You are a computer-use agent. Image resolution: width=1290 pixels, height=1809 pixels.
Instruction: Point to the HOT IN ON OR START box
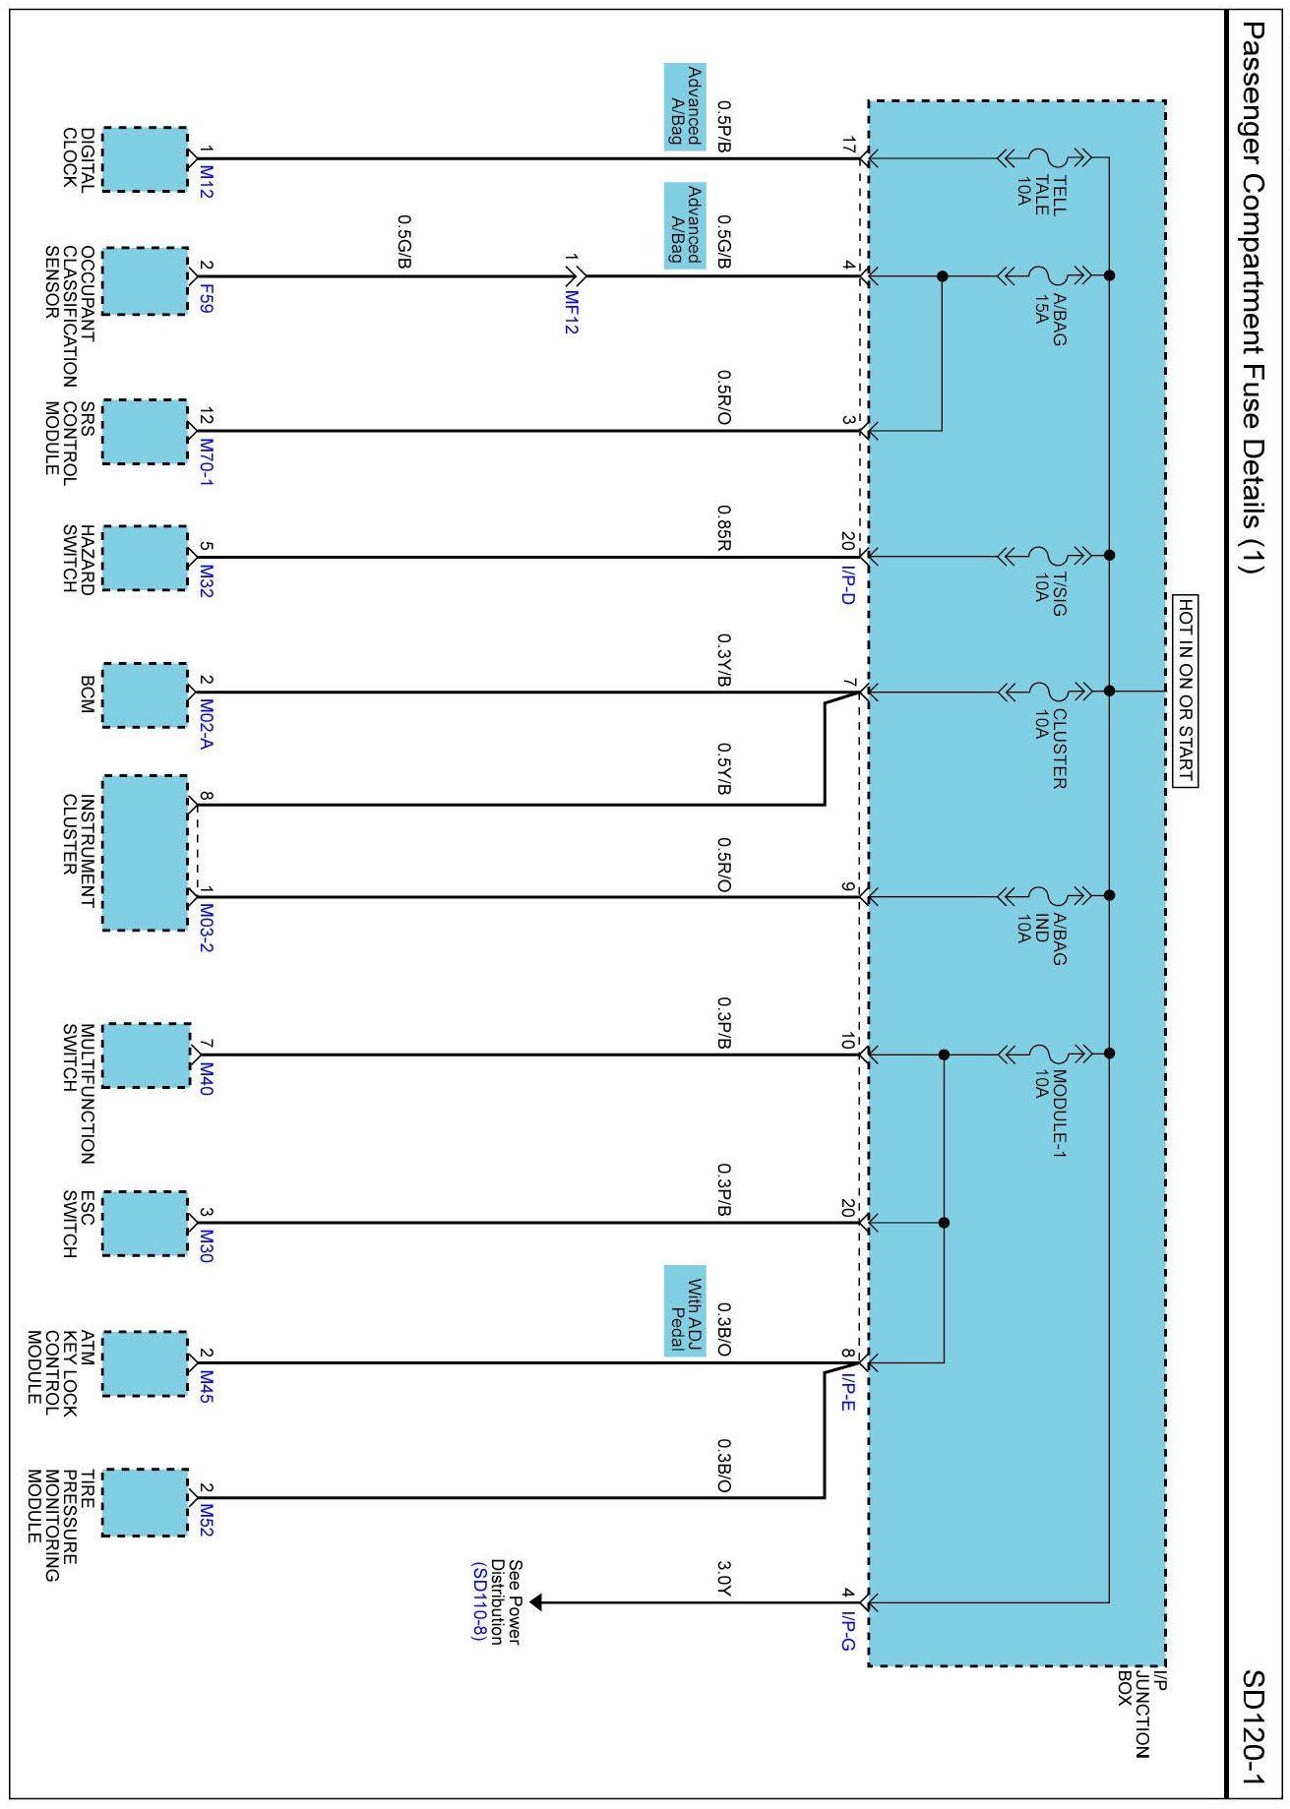tap(1186, 691)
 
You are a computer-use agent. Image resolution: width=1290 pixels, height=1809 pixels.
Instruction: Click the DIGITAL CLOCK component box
tap(145, 159)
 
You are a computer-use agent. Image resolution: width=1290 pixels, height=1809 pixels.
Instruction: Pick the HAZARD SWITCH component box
tap(145, 558)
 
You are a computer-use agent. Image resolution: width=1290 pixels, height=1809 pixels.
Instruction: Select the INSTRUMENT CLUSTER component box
tap(145, 853)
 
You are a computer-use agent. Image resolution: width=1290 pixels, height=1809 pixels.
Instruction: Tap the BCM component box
tap(145, 695)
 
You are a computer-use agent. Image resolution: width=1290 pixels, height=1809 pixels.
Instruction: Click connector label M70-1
tap(206, 460)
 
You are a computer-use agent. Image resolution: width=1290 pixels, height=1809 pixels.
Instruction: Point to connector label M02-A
tap(206, 724)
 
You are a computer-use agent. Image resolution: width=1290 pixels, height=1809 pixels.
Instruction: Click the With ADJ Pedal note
tap(685, 1310)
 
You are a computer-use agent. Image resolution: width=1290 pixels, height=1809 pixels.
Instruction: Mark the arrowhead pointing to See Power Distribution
tap(536, 1602)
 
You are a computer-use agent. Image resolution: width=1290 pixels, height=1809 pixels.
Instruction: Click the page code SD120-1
tap(1253, 1727)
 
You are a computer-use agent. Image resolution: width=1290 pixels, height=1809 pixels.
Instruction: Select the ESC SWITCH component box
tap(145, 1223)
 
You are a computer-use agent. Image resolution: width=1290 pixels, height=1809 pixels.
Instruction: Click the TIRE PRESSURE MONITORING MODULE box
tap(145, 1502)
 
